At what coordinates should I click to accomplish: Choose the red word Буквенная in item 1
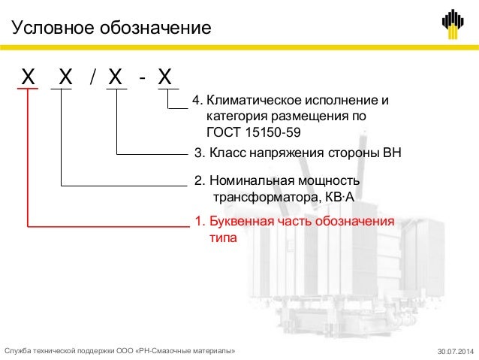243,223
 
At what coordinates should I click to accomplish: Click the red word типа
221,238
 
